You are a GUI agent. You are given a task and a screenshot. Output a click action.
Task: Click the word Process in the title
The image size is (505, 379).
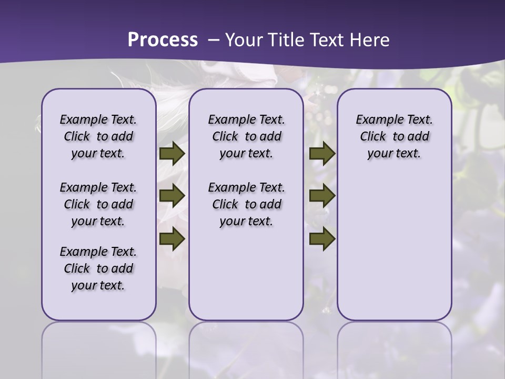163,40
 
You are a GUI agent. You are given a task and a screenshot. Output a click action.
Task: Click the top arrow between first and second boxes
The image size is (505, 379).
172,154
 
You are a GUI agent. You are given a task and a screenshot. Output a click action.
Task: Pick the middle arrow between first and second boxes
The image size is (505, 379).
172,196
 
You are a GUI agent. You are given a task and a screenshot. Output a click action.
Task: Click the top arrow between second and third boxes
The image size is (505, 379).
322,154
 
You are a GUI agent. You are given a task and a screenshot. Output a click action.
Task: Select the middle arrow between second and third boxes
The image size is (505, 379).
322,196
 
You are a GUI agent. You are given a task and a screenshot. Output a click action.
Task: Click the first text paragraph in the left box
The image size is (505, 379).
98,136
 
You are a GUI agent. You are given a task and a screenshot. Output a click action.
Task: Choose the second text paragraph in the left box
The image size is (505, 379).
98,204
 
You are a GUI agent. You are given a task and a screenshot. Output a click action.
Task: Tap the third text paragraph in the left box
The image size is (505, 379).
98,268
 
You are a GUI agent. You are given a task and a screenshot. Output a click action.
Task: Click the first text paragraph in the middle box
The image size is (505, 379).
246,136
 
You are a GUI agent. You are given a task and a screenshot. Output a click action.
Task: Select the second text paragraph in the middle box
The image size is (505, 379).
246,204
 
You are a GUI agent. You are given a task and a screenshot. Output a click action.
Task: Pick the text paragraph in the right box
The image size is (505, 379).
395,136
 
